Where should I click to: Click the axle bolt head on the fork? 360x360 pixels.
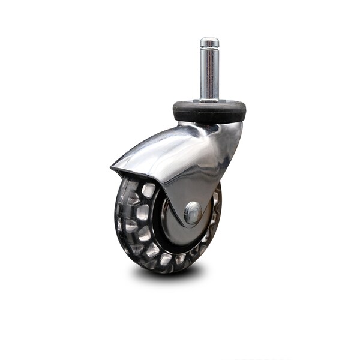[x=193, y=212]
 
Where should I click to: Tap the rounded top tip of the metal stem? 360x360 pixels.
[x=209, y=40]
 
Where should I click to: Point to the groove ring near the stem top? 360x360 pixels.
[x=209, y=48]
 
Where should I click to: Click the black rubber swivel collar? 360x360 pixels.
[x=209, y=112]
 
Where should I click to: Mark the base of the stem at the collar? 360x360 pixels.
[x=209, y=100]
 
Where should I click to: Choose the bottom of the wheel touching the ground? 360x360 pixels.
[x=159, y=272]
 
